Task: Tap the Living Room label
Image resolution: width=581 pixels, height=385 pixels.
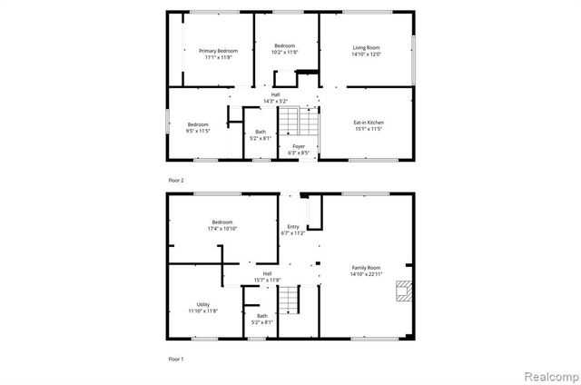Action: tap(367, 46)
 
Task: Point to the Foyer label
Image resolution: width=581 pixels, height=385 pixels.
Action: tap(298, 146)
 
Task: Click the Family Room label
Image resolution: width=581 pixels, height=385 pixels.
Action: tap(367, 266)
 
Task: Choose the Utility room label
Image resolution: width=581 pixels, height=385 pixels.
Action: tap(202, 304)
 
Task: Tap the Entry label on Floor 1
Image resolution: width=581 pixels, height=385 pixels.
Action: tap(293, 227)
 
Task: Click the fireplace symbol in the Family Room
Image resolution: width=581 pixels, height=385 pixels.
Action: tap(402, 291)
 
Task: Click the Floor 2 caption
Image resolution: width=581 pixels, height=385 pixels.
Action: tap(175, 181)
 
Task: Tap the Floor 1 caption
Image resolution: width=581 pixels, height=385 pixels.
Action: tap(175, 360)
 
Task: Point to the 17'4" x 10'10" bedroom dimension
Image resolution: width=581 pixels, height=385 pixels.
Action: tap(222, 229)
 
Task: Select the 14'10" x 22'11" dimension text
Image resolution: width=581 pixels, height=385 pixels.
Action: tap(367, 273)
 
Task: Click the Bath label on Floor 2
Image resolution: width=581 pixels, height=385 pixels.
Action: tap(261, 133)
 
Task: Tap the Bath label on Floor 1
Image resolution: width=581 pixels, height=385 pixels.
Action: tap(261, 315)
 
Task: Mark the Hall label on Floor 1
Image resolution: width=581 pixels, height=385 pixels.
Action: tap(267, 273)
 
